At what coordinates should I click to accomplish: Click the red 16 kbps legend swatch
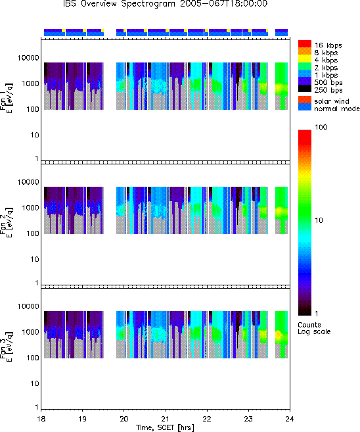click(305, 43)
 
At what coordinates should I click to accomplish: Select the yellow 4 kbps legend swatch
click(305, 59)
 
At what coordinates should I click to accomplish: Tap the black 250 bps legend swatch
click(305, 89)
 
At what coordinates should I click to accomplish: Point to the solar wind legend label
click(331, 101)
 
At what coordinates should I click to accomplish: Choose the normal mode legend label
click(337, 108)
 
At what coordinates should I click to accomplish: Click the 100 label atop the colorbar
click(321, 127)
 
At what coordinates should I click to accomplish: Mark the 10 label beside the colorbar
click(319, 220)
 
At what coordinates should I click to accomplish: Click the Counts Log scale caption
click(314, 328)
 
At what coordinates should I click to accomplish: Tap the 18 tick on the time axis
click(41, 419)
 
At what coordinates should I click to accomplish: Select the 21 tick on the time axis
click(166, 419)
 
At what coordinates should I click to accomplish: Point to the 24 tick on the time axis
click(290, 419)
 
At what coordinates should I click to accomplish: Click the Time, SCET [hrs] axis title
click(165, 427)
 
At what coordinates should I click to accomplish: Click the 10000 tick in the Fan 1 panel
click(28, 58)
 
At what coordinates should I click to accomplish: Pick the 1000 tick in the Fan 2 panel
click(30, 208)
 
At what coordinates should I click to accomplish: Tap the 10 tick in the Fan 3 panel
click(35, 383)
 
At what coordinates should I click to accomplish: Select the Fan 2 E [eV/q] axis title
click(7, 222)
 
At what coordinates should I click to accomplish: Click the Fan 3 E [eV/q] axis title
click(7, 347)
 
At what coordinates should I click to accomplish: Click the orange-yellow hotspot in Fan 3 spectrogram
click(278, 335)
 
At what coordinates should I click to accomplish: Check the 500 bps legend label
click(328, 82)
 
